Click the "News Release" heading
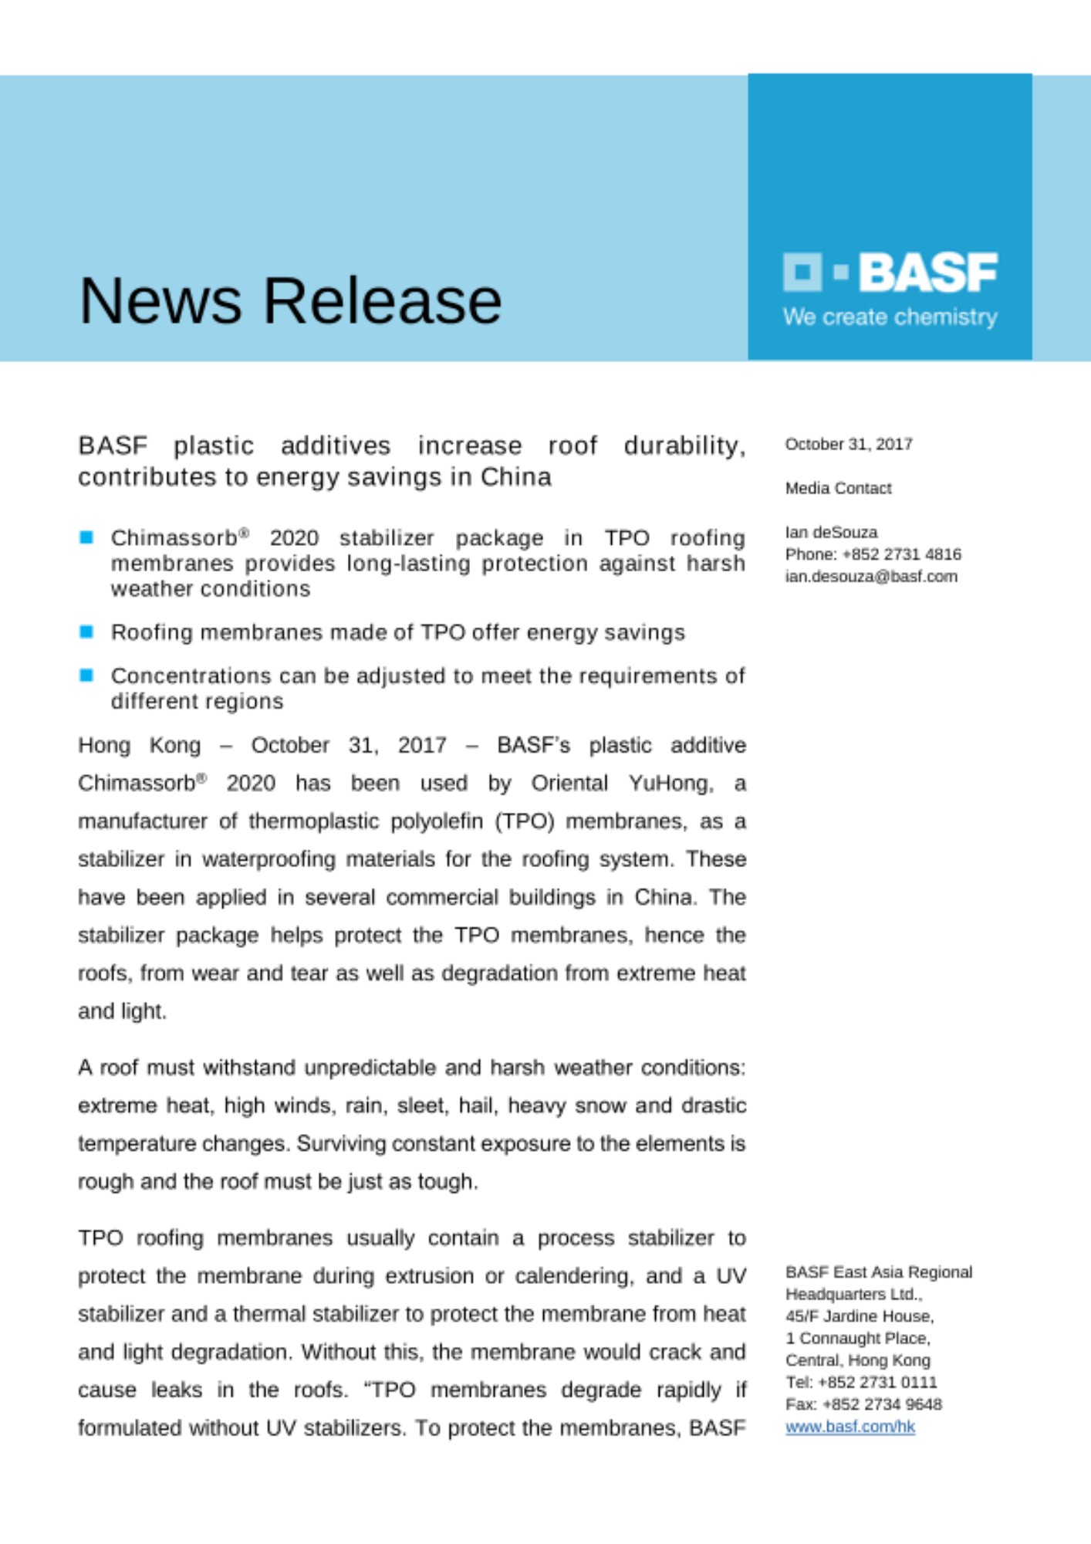(x=290, y=301)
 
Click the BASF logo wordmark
(x=927, y=273)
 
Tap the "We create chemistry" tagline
(x=890, y=317)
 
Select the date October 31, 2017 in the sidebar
(x=849, y=445)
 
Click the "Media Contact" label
(x=838, y=489)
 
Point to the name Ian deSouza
(x=831, y=533)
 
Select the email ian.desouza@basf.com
(x=871, y=577)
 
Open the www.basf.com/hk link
(x=849, y=1427)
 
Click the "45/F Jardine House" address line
(x=860, y=1315)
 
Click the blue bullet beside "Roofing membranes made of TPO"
(x=86, y=632)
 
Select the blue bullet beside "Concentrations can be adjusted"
(x=86, y=675)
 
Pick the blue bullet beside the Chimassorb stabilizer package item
(x=86, y=537)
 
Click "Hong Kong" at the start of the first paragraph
(x=139, y=746)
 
